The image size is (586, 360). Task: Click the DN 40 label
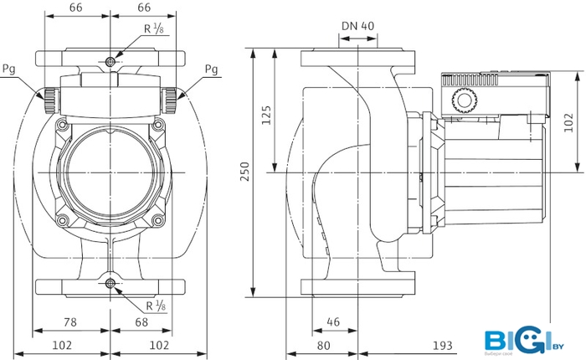[358, 25]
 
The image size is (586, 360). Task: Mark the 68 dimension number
[142, 321]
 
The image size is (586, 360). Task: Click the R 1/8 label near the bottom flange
[154, 305]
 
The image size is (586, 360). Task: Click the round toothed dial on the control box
[463, 102]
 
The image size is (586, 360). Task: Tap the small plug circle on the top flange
[111, 62]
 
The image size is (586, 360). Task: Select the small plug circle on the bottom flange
[111, 285]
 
